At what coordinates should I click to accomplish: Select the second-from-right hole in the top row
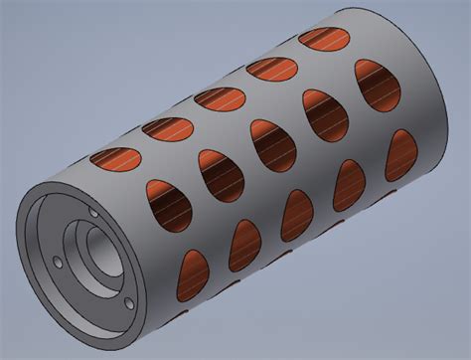click(x=273, y=69)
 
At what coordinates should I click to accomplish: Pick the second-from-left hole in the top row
click(x=166, y=126)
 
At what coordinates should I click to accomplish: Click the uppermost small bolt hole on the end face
click(x=93, y=213)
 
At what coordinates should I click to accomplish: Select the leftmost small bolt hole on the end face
click(x=57, y=263)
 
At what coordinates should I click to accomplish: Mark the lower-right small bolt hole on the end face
click(x=128, y=303)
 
